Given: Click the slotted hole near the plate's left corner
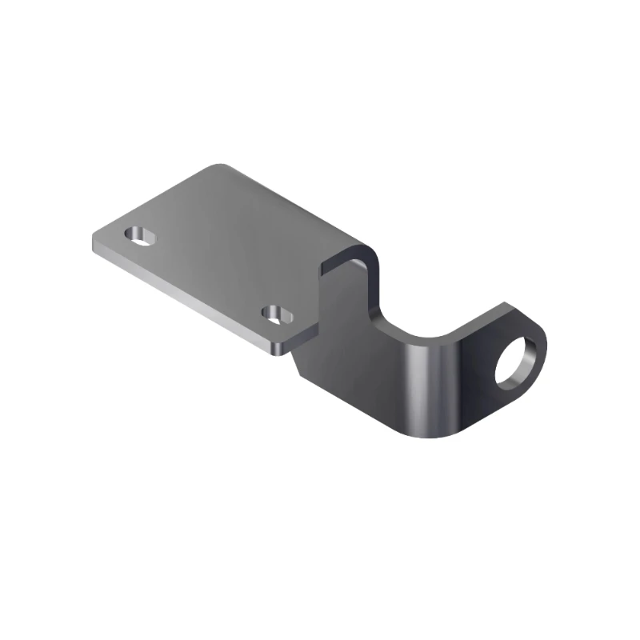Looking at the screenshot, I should pyautogui.click(x=142, y=235).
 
